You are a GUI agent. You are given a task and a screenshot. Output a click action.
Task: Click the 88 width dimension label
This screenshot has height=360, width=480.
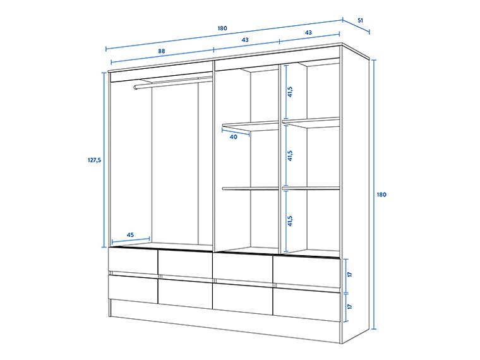(x=162, y=51)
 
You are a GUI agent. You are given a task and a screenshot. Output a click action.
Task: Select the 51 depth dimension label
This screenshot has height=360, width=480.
(x=360, y=20)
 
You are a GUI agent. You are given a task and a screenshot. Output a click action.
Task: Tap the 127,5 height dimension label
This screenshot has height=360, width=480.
(x=94, y=160)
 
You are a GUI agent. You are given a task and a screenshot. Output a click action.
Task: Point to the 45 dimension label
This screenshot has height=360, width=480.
(x=130, y=235)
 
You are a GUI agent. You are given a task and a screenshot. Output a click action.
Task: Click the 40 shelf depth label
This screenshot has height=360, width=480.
(x=233, y=137)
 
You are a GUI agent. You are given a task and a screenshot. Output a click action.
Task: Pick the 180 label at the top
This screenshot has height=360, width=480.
(x=222, y=28)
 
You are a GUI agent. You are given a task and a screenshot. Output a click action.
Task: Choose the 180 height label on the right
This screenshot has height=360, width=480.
(x=381, y=195)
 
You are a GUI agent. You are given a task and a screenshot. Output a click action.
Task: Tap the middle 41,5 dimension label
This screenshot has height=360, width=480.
(x=290, y=155)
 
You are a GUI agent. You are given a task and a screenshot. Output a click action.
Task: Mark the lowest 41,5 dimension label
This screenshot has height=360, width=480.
(x=290, y=220)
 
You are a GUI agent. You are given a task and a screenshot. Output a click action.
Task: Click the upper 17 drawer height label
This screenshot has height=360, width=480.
(x=349, y=275)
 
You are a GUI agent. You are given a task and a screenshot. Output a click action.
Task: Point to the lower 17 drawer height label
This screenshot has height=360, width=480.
(x=349, y=306)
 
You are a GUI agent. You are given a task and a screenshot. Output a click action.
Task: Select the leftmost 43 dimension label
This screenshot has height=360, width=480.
(x=245, y=40)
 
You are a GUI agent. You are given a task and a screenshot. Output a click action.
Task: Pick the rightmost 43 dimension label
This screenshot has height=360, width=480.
(x=308, y=32)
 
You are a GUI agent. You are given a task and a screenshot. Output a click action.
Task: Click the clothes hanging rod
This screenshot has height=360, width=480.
(x=174, y=81)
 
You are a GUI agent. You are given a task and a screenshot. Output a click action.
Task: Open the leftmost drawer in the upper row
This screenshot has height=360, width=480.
(x=133, y=261)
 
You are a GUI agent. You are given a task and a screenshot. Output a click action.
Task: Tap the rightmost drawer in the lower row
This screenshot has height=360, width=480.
(x=306, y=303)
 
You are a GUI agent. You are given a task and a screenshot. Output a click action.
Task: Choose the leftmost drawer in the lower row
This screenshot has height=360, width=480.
(x=133, y=289)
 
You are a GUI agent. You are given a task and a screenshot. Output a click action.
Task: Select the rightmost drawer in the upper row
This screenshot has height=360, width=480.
(x=306, y=270)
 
